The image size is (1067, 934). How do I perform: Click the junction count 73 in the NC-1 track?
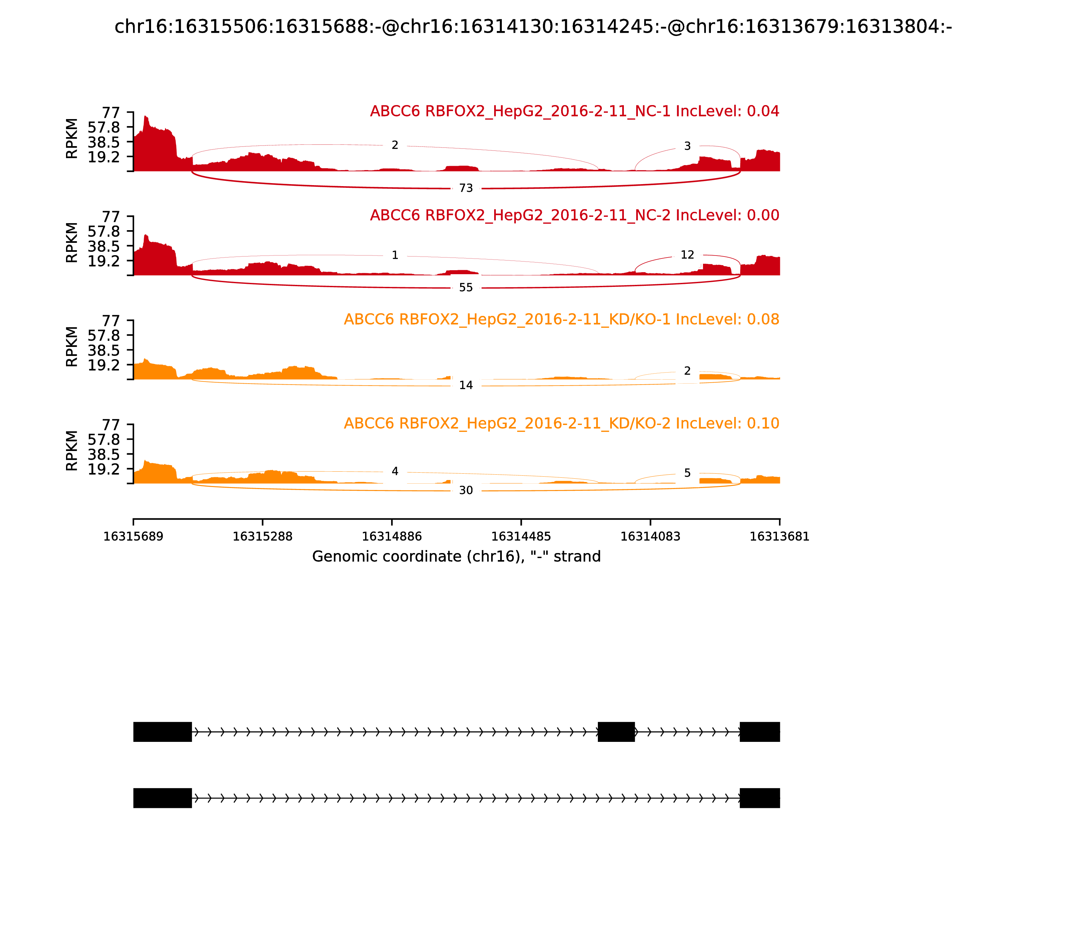coord(466,188)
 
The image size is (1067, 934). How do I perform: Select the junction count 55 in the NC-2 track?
coord(466,288)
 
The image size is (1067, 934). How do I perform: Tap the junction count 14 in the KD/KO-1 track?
coord(466,385)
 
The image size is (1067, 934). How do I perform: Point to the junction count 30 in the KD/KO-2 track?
coord(466,490)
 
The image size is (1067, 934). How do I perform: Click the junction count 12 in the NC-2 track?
coord(687,255)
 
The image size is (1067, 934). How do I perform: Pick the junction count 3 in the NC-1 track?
coord(687,146)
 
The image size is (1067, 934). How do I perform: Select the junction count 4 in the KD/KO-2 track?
coord(395,471)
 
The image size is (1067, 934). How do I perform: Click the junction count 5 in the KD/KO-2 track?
coord(687,473)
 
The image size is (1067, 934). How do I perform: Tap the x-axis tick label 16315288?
coord(263,537)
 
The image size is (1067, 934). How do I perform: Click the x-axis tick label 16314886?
coord(392,537)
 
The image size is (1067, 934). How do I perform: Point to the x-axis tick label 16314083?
coord(650,537)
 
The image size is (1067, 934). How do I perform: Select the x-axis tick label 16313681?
coord(780,537)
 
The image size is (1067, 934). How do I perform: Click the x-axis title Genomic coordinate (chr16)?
coord(456,557)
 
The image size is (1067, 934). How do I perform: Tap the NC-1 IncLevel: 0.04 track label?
coord(574,111)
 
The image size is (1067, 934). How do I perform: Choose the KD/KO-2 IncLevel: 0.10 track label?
coord(561,423)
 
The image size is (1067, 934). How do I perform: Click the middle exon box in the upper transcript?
coord(616,732)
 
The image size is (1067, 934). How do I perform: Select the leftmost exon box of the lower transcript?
coord(163,798)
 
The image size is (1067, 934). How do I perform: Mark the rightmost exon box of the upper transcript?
coord(760,732)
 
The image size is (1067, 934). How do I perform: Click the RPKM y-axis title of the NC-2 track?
coord(72,243)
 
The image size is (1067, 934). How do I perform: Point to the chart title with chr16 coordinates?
coord(533,27)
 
